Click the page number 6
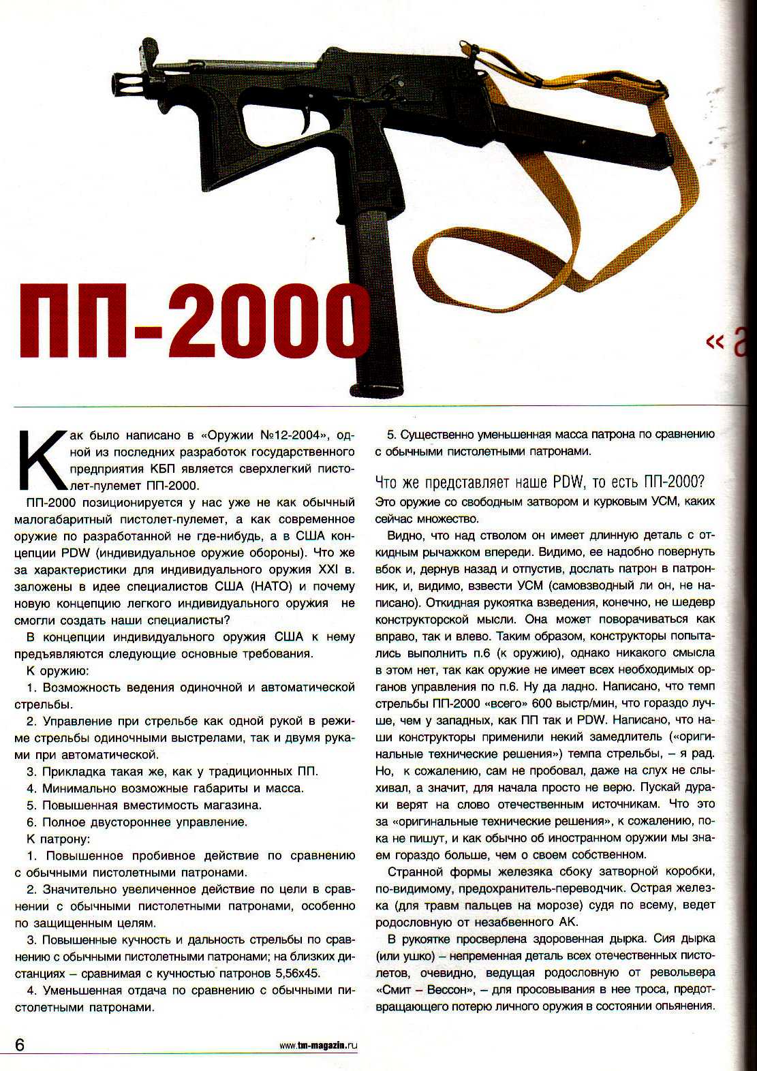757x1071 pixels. click(x=20, y=1044)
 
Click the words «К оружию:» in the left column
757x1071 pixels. click(x=57, y=670)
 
